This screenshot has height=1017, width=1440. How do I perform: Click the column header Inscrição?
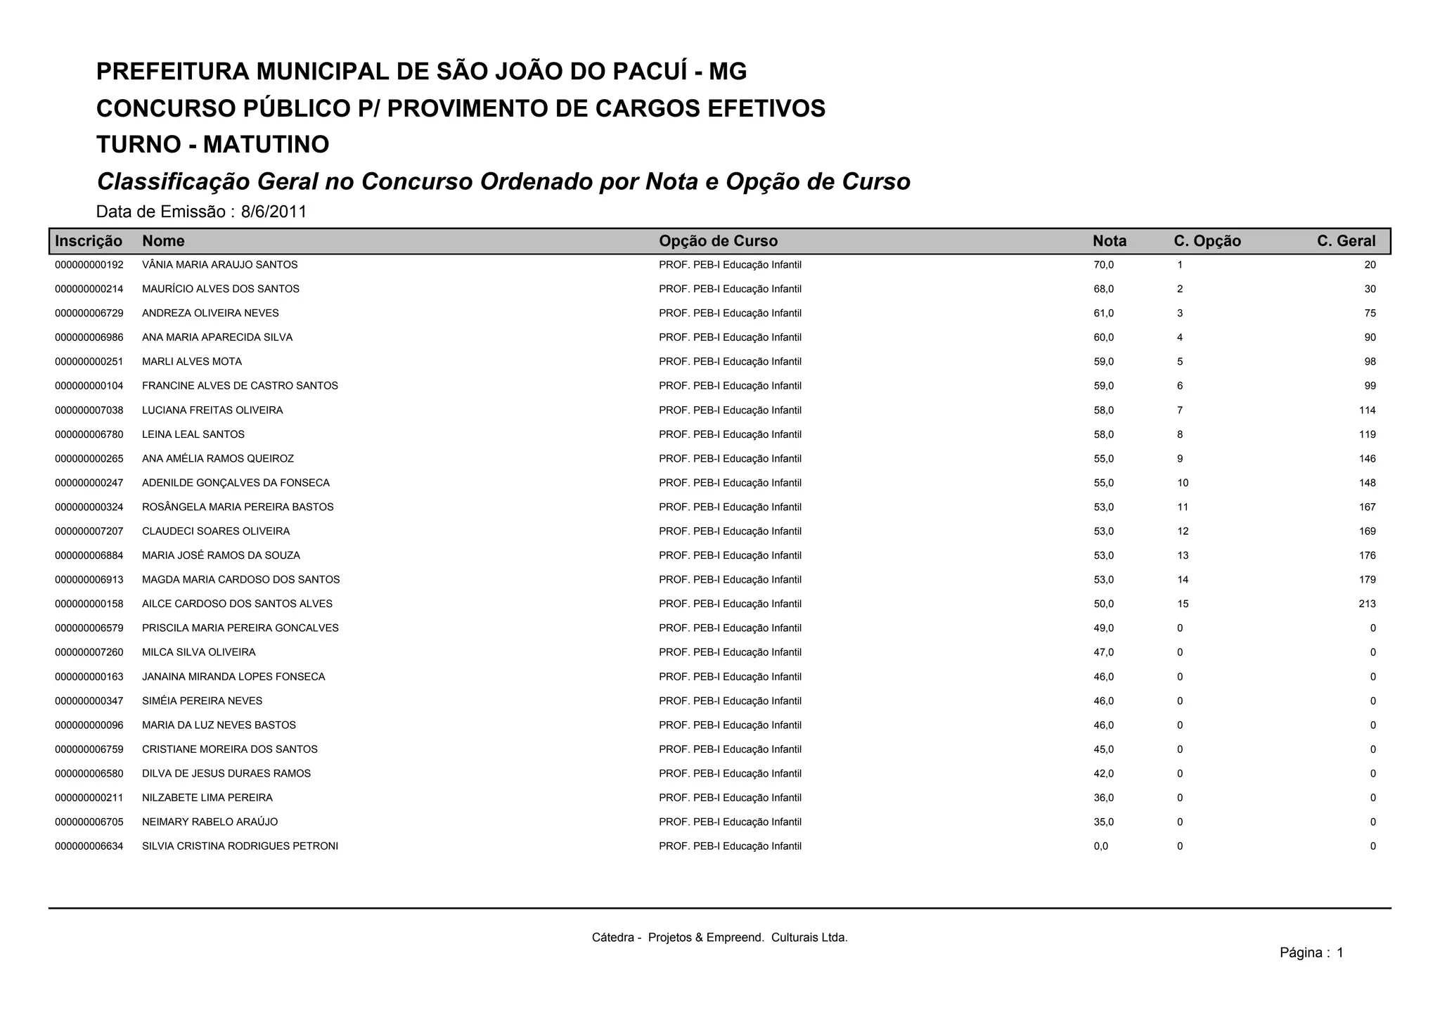89,241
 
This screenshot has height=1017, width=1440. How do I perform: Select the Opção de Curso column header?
718,241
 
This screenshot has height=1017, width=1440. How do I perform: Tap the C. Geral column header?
1346,241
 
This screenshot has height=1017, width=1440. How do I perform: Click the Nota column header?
1109,241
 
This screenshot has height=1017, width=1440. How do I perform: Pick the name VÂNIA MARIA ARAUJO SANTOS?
219,265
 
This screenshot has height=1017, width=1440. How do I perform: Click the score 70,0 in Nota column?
1103,265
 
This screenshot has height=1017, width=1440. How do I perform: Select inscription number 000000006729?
89,313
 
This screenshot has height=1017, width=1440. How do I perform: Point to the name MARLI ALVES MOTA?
192,362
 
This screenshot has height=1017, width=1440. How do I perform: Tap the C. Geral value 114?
1367,410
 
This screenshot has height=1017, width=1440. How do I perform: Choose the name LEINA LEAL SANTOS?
193,434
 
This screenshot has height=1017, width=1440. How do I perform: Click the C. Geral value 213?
1367,604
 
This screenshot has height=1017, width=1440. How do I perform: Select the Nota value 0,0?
1100,846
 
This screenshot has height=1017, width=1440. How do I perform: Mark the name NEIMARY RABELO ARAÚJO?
210,822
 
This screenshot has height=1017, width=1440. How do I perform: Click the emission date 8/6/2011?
274,212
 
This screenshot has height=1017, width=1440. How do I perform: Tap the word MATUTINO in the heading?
266,145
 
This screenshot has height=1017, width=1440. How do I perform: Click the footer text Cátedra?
612,938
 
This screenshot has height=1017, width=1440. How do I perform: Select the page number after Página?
1339,953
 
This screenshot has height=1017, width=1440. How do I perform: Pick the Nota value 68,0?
1103,289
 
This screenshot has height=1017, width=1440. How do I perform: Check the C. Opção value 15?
1183,604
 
